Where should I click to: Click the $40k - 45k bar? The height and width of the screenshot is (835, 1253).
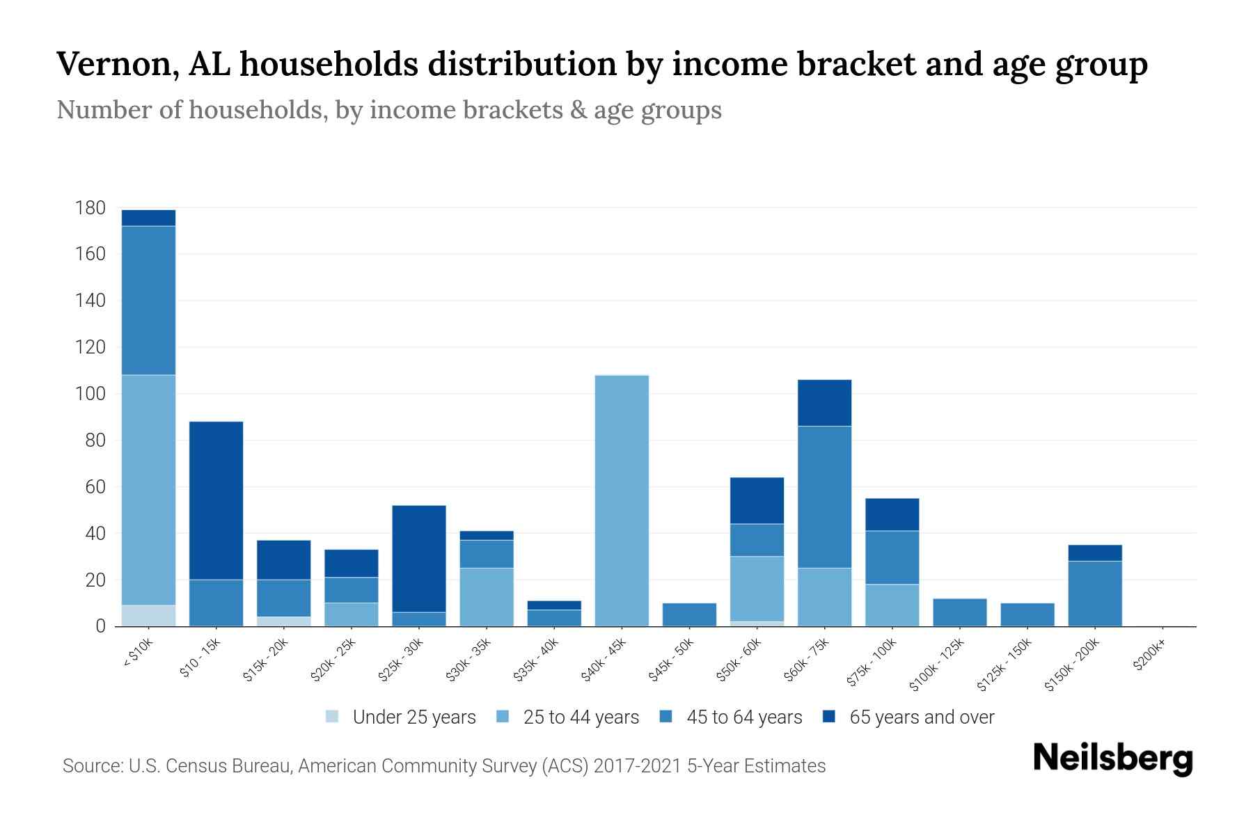tap(622, 501)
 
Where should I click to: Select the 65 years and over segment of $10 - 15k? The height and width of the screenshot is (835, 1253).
tap(216, 500)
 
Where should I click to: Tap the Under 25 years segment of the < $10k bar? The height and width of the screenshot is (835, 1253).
tap(148, 616)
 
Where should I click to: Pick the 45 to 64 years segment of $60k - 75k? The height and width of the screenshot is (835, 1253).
tap(824, 497)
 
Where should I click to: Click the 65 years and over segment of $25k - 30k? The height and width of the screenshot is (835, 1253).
tap(419, 559)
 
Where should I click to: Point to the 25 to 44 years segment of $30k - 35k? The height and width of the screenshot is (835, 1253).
tap(487, 597)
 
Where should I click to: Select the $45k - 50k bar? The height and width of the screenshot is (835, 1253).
tap(689, 615)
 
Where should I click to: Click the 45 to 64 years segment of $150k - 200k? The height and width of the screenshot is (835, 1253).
tap(1095, 594)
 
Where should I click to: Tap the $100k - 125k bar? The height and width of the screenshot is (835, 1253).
tap(959, 612)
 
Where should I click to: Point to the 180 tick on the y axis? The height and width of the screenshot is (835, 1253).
tap(90, 208)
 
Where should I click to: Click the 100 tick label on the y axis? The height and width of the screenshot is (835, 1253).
tap(90, 394)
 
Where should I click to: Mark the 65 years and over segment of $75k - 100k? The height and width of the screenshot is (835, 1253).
tap(892, 515)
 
